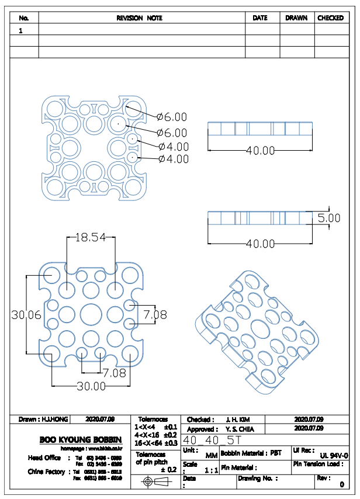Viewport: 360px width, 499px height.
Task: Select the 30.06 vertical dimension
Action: coord(26,314)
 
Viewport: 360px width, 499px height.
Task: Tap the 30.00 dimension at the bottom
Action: coord(92,386)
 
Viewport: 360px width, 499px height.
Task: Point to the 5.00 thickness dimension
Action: coord(329,218)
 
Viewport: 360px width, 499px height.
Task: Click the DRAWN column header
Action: coord(296,18)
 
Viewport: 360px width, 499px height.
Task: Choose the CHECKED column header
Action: coord(330,18)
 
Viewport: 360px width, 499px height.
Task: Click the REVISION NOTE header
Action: coord(140,18)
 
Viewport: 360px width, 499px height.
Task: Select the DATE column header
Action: coord(260,18)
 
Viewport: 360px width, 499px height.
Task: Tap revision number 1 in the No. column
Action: coord(21,30)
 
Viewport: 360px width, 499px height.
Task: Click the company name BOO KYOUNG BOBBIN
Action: coord(81,439)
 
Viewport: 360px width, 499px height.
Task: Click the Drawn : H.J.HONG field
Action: coord(44,419)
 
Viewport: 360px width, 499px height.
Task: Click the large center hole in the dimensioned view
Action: coord(91,314)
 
